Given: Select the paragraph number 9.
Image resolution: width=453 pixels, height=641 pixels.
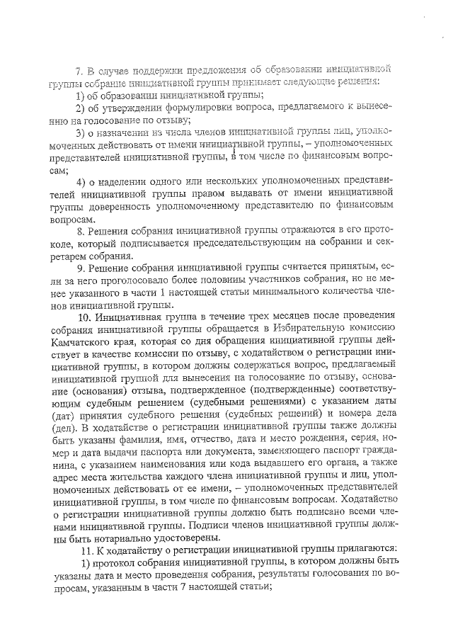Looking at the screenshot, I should pyautogui.click(x=79, y=268).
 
